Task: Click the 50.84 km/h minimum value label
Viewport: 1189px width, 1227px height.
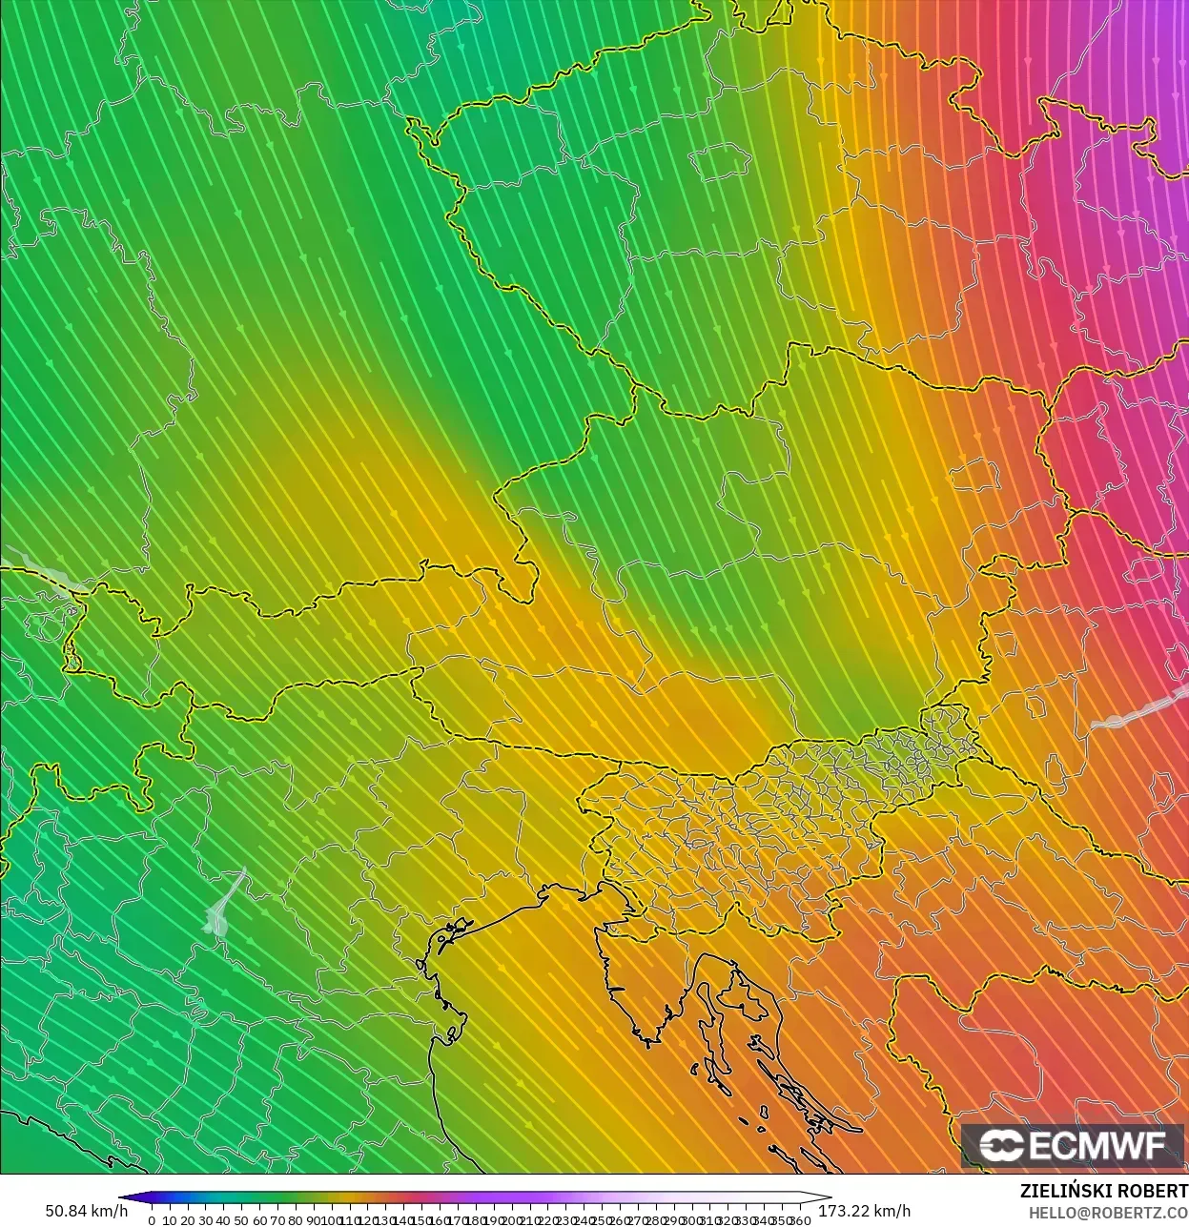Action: click(86, 1211)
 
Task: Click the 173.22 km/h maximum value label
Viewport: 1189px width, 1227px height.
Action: click(864, 1211)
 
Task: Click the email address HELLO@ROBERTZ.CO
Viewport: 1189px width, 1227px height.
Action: click(1108, 1213)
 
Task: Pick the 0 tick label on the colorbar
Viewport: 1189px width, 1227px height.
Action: click(152, 1220)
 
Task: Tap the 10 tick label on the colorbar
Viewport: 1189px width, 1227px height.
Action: click(170, 1220)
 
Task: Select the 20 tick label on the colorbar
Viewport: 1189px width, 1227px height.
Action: click(188, 1220)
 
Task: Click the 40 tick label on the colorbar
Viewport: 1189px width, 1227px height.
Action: click(224, 1220)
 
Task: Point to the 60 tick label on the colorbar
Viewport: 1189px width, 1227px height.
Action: click(259, 1220)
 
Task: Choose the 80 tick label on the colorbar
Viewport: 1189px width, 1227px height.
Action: click(296, 1220)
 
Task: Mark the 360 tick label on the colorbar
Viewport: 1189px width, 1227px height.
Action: click(801, 1220)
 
